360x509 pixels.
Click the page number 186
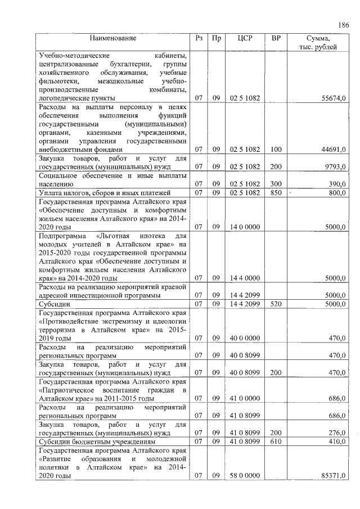point(344,25)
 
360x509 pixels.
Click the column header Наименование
point(113,38)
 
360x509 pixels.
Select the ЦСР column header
point(244,38)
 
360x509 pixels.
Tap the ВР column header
point(276,38)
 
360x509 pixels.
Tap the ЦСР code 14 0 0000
point(244,227)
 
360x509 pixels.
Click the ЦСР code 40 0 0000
point(244,338)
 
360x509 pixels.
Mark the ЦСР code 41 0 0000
point(244,398)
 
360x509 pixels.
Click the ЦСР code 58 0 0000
point(244,476)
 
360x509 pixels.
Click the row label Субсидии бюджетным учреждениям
point(89,442)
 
